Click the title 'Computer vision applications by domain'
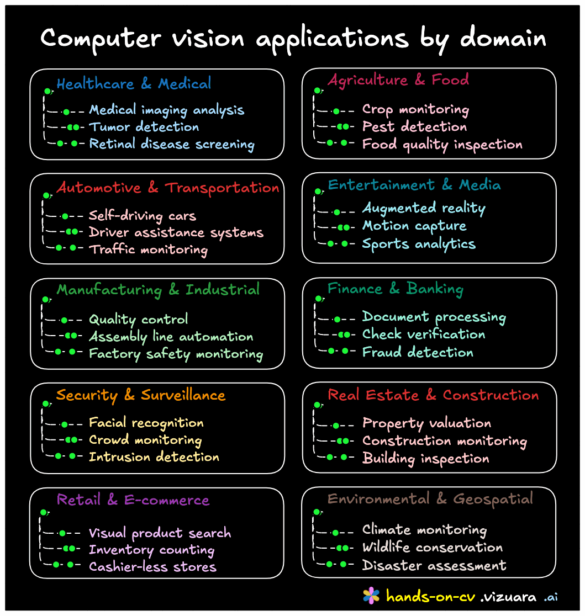pos(293,39)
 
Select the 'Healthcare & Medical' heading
pos(134,84)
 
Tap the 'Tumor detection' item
pos(144,127)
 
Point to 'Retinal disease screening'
pos(171,144)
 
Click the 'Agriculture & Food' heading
pos(398,79)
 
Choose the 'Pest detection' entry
pos(414,127)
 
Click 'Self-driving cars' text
pos(143,215)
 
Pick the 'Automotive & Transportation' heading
pos(168,188)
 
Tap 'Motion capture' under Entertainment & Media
pos(414,226)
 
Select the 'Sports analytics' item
pos(419,244)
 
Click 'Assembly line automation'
pos(171,337)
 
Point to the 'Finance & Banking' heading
pos(396,289)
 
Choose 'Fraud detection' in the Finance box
pos(418,352)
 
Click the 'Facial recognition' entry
pos(146,423)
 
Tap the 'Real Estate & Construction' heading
pos(433,395)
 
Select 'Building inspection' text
pos(425,459)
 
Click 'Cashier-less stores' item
pos(152,567)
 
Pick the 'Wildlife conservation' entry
pos(433,548)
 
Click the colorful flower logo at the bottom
pos(371,595)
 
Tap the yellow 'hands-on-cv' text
pos(430,596)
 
